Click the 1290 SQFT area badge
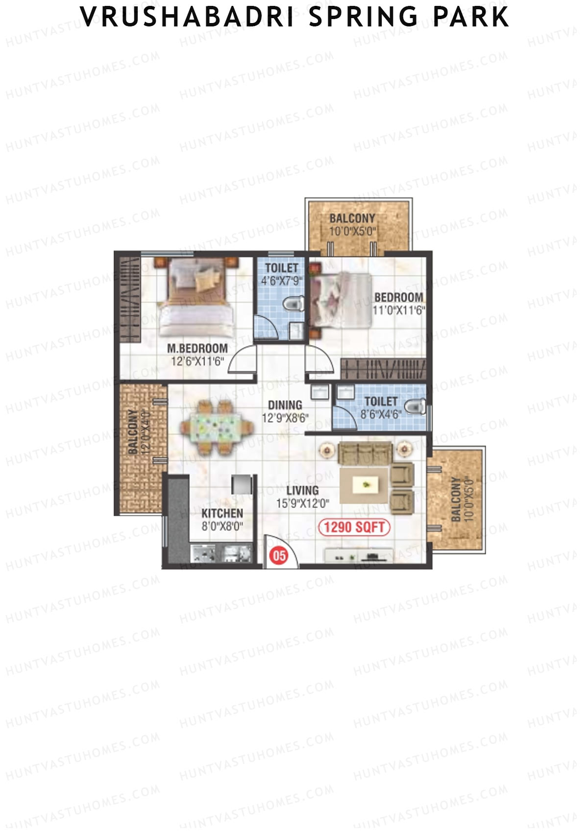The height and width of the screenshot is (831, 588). tap(354, 527)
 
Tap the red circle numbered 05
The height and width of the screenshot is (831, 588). tap(279, 556)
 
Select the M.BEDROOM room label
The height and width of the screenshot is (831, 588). tap(197, 349)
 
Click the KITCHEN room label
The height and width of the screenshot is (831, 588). tap(222, 513)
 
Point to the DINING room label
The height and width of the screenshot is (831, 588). tap(285, 405)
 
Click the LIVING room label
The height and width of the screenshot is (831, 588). tap(302, 490)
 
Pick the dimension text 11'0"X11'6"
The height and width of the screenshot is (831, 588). tap(398, 310)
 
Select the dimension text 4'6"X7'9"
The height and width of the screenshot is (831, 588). tap(281, 281)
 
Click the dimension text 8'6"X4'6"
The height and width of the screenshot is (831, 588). tap(381, 414)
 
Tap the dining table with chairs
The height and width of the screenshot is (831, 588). tap(217, 427)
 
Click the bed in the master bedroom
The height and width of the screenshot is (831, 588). tap(196, 297)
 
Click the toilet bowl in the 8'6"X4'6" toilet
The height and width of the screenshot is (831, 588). tap(416, 407)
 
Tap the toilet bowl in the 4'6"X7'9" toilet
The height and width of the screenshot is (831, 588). tap(294, 305)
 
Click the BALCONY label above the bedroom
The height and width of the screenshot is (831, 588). tap(352, 218)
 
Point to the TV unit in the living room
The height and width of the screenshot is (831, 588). tap(357, 557)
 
